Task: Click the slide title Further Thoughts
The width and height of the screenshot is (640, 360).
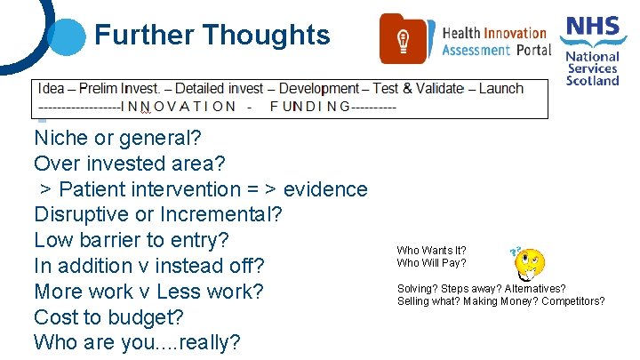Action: click(212, 36)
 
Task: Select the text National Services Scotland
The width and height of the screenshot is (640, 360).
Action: click(593, 68)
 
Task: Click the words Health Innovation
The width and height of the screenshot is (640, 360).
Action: click(496, 33)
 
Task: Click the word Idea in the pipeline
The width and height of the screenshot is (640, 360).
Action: click(52, 88)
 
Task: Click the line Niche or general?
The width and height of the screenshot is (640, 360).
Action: click(118, 139)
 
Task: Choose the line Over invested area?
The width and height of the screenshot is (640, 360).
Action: click(130, 164)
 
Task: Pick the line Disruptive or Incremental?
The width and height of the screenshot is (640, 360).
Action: click(158, 215)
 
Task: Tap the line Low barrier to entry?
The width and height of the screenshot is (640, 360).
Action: click(132, 240)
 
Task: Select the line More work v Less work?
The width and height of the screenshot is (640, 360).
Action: click(148, 292)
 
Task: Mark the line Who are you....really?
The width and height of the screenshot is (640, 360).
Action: click(137, 342)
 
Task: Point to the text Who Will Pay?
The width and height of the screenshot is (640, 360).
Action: click(431, 263)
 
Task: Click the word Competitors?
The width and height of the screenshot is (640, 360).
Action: click(576, 301)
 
